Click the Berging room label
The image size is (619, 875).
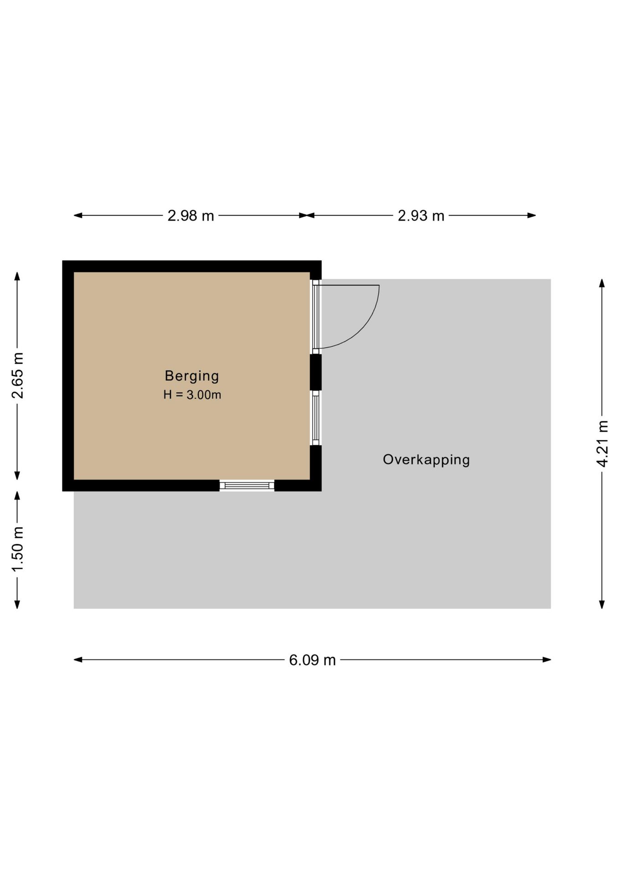[x=191, y=376]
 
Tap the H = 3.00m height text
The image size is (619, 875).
[x=192, y=395]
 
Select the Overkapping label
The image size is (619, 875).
[x=426, y=459]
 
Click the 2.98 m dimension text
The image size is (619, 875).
[x=191, y=216]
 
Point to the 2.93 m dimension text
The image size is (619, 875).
[x=421, y=216]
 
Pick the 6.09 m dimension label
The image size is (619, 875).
[x=312, y=660]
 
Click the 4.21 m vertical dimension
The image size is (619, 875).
[x=602, y=443]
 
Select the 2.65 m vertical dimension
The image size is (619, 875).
[x=17, y=376]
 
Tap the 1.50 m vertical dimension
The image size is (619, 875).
[x=17, y=549]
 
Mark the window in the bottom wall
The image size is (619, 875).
[x=247, y=485]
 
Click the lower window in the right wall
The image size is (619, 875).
[x=315, y=418]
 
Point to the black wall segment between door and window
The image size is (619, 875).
[x=315, y=372]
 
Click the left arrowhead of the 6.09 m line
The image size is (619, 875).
[x=78, y=659]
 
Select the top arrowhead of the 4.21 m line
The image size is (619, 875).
[x=602, y=283]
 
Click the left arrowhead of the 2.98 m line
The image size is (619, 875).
[x=78, y=215]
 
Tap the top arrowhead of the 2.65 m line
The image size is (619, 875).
[x=17, y=276]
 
